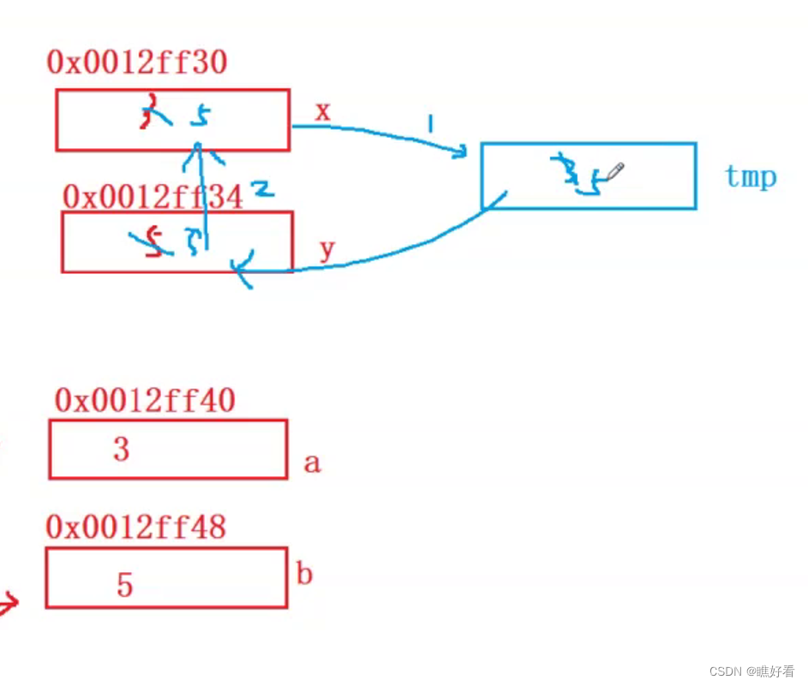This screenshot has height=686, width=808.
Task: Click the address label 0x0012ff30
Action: (137, 63)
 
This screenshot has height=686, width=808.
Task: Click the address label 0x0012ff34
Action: (153, 197)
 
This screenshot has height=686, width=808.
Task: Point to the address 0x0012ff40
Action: (145, 400)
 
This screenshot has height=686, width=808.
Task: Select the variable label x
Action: (322, 110)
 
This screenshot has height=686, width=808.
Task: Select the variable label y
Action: (326, 249)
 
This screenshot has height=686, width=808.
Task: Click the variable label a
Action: (312, 463)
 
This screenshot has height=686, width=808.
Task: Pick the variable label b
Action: (304, 573)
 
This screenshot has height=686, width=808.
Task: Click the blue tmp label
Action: (751, 176)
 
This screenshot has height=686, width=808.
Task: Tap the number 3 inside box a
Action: (121, 448)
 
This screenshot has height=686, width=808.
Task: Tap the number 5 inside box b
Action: (125, 585)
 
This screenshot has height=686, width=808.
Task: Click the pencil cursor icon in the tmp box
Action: (614, 172)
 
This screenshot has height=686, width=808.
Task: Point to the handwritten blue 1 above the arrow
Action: (430, 124)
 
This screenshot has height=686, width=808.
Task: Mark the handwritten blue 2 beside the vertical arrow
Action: (263, 188)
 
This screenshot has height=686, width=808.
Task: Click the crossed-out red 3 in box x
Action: (152, 113)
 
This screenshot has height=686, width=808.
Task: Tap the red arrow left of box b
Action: (9, 605)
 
